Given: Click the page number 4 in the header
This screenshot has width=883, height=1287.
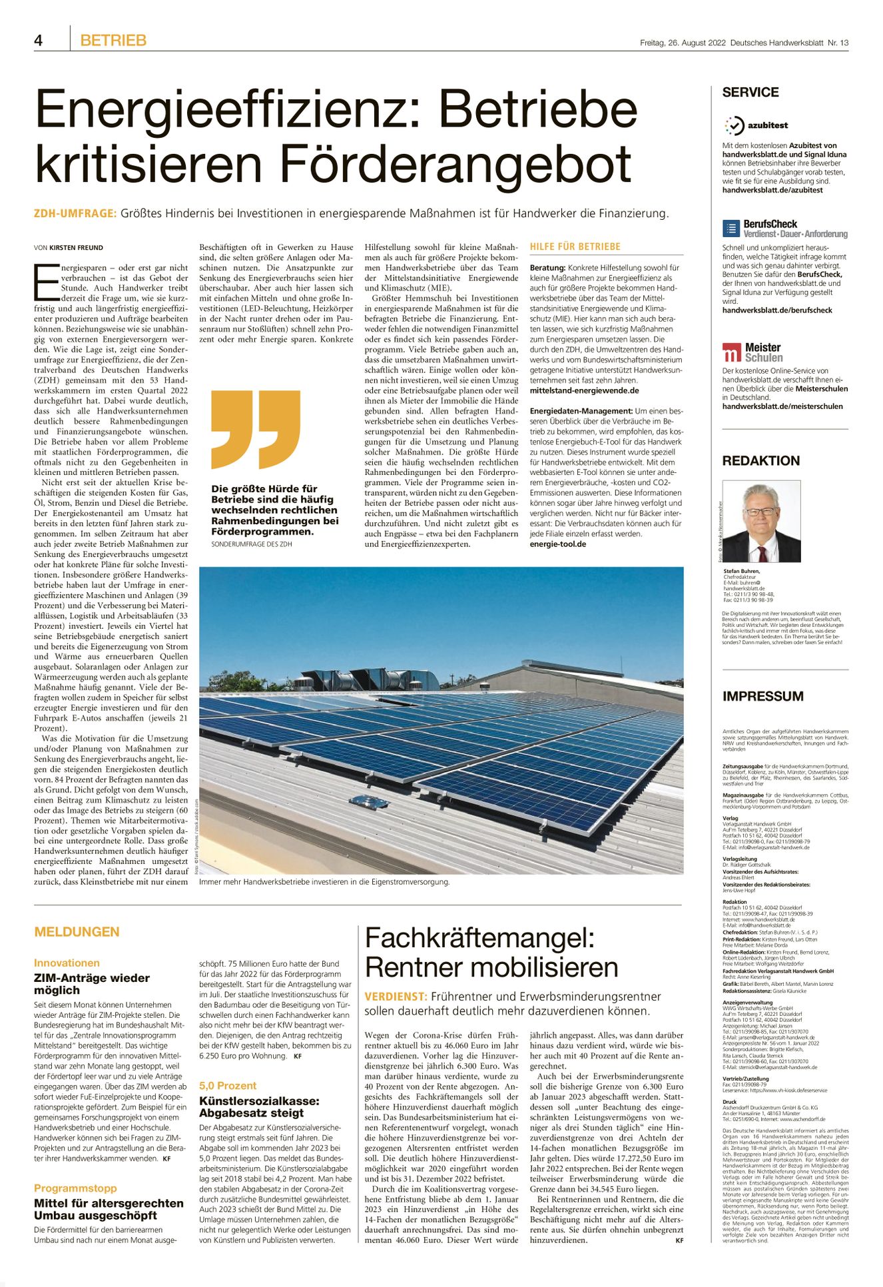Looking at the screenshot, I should [39, 41].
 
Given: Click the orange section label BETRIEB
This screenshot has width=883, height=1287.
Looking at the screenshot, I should [113, 41].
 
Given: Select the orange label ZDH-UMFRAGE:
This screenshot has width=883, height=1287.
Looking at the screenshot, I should [75, 214].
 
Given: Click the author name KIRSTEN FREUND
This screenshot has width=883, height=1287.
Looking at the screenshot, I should [76, 248].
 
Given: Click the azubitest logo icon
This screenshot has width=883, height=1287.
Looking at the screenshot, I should [734, 125].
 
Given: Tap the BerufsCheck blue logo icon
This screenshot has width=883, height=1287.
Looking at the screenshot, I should [731, 228].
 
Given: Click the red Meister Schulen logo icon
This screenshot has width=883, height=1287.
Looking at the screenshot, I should [731, 352].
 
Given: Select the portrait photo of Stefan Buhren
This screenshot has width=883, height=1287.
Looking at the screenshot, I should [761, 521].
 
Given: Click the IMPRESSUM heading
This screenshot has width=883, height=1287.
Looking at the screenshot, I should [762, 696].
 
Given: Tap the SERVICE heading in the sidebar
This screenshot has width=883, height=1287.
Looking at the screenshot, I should [750, 93].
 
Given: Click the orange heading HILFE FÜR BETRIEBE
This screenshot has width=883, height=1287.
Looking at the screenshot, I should [575, 246].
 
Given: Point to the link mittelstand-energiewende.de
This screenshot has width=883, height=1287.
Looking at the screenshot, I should [584, 390].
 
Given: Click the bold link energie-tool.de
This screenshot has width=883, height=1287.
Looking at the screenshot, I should [558, 544].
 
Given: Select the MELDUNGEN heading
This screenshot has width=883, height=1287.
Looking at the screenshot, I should [77, 932].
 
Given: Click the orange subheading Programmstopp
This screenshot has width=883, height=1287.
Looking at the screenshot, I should [75, 1188].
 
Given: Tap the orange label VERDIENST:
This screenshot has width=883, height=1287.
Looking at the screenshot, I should [396, 997].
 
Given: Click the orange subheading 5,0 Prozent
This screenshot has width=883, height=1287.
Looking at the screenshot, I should [228, 1085].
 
